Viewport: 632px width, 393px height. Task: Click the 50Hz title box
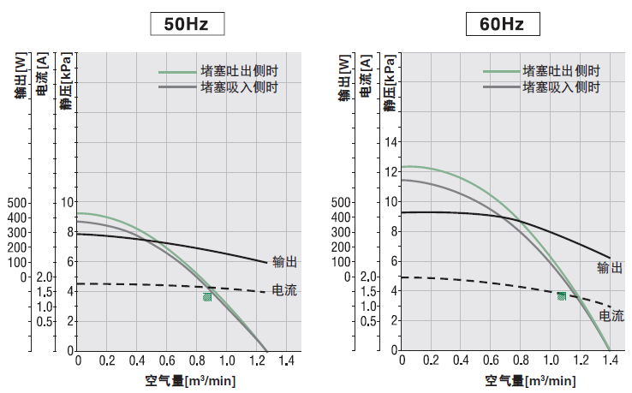188,24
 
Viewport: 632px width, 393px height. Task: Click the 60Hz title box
503,24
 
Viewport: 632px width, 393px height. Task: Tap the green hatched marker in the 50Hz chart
207,296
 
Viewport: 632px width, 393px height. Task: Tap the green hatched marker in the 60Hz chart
562,296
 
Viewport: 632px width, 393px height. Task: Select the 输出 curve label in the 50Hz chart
284,262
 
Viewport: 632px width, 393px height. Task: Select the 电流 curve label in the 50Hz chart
284,290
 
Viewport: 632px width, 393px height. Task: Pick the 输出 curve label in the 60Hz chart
610,268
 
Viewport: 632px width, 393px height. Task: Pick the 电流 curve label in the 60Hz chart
611,315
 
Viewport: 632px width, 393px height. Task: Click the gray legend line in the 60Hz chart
500,87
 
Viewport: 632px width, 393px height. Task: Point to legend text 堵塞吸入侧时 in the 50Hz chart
239,87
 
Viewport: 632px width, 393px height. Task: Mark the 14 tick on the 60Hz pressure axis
393,142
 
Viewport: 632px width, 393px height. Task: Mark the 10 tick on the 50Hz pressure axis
69,202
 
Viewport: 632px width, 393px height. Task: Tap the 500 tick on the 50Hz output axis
17,202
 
